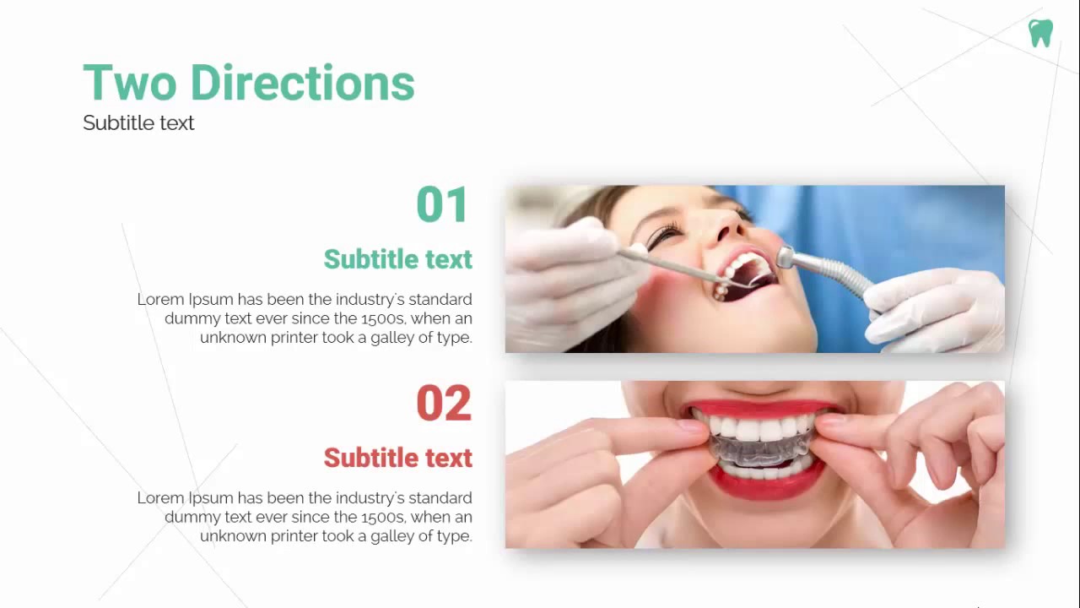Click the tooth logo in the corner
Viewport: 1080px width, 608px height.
1040,33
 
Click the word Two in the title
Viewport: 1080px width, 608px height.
129,84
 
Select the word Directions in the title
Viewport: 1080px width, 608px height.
302,84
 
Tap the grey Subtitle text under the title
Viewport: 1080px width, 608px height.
138,123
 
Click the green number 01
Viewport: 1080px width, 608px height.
442,205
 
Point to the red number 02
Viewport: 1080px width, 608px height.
443,404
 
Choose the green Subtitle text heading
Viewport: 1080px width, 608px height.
397,259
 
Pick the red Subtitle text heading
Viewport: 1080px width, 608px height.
397,458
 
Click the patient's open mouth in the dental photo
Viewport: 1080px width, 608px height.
747,275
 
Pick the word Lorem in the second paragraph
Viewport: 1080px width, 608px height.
160,497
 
